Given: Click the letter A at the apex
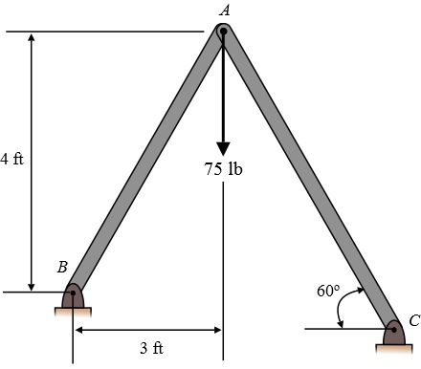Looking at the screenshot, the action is pos(225,11).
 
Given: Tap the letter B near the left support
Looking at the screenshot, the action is pos(62,267).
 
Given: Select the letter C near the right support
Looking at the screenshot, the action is pos(414,320).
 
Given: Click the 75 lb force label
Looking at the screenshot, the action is pos(223,168).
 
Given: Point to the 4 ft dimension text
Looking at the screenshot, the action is pos(12,159).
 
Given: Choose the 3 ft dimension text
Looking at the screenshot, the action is pos(151,348).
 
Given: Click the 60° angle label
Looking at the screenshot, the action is pos(328,291).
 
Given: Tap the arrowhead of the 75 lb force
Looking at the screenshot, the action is pos(223,149).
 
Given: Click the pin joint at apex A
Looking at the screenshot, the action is pos(224,32).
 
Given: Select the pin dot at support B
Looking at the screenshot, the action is pos(73,293).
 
